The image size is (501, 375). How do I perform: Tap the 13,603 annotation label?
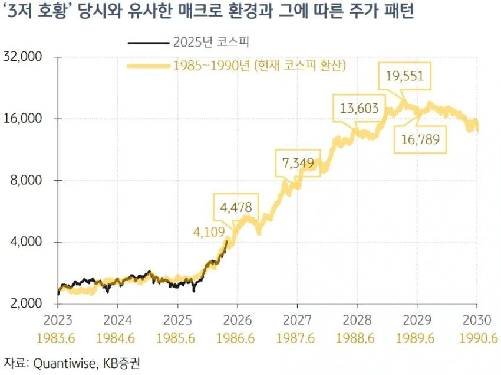point(360,108)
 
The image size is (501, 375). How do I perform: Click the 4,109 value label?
point(209,233)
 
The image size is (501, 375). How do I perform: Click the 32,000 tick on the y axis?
point(24,57)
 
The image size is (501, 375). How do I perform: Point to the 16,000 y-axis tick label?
point(24,119)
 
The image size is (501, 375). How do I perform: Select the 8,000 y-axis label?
point(27,180)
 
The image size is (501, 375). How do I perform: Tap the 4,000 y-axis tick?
point(27,242)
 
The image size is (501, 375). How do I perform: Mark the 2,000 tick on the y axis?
point(27,304)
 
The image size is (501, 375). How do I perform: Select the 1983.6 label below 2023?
point(58,340)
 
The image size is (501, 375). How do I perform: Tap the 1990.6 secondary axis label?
point(477,340)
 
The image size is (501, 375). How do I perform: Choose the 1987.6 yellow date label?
point(297,340)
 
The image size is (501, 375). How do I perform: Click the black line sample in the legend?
point(147,43)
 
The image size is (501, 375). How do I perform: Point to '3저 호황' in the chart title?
point(41,13)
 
